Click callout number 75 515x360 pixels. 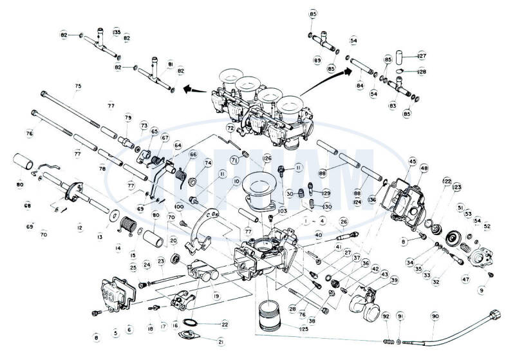pos(78,86)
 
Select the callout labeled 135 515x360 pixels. pos(117,31)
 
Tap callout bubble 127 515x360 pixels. pos(422,55)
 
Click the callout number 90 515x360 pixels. pos(435,317)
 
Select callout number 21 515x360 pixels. pos(221,341)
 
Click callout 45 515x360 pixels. pos(413,162)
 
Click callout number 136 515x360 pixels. pos(389,200)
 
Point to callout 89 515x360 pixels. pos(317,60)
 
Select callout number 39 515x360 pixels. pos(394,280)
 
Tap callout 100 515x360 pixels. pos(178,206)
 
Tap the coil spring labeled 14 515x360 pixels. pos(129,225)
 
